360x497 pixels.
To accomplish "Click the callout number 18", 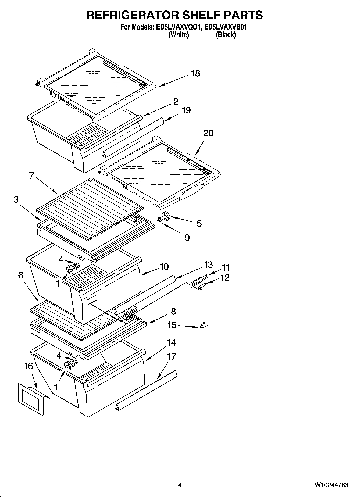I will click(195, 73).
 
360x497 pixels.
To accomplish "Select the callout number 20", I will click(208, 133).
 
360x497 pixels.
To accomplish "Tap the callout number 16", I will click(28, 366).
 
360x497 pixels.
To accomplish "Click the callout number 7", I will click(31, 176).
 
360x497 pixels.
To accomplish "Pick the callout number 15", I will click(172, 325).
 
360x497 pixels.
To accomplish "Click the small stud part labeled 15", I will click(204, 326).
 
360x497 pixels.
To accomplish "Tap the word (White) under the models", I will click(179, 35).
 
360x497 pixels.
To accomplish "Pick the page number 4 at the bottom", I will click(180, 485).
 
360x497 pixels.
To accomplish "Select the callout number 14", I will click(171, 342).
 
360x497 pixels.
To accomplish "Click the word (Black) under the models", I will click(226, 35).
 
